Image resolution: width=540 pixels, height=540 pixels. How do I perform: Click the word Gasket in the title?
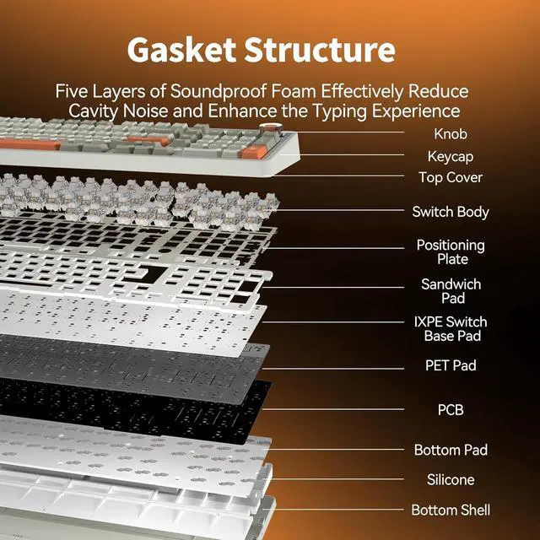click(x=178, y=50)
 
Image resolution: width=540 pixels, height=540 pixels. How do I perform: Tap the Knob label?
click(x=450, y=133)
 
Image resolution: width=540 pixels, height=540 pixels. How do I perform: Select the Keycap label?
click(x=450, y=156)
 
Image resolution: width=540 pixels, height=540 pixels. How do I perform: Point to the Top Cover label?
click(x=451, y=178)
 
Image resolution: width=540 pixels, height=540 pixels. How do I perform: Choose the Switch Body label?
click(x=451, y=212)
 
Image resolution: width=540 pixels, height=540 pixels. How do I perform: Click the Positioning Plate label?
click(x=451, y=252)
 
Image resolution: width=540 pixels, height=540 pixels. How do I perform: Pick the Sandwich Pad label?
click(x=451, y=291)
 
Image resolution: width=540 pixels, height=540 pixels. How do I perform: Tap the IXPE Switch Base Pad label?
click(x=451, y=328)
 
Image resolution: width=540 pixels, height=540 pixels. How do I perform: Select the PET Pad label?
click(x=451, y=365)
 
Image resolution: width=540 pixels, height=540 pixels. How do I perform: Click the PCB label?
click(x=451, y=410)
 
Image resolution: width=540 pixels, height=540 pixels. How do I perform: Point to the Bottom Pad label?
click(x=451, y=450)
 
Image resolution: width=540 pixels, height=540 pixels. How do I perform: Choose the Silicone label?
click(x=451, y=479)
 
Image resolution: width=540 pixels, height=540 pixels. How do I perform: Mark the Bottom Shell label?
click(x=451, y=510)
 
